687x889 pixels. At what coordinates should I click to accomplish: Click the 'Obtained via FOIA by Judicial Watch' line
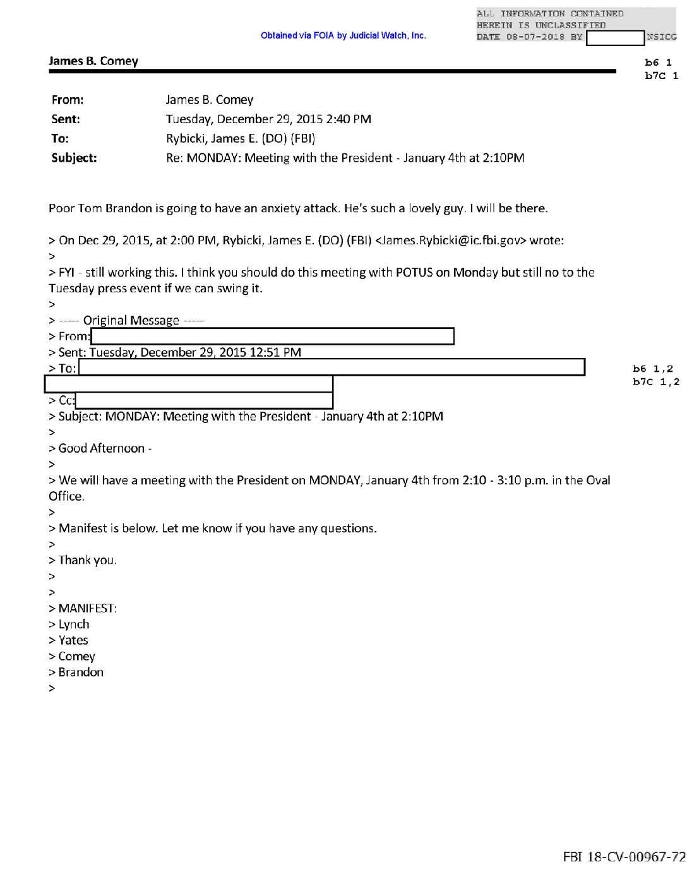343,36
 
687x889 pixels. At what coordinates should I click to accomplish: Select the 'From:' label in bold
68,100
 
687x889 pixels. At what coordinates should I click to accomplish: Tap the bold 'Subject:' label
74,158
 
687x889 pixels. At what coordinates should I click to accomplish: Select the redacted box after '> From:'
272,337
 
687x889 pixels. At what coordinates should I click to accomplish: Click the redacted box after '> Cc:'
204,400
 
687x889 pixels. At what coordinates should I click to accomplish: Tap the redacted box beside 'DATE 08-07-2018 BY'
615,38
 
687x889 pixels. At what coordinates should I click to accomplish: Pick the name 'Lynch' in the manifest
74,624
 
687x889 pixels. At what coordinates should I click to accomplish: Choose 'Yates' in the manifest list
73,640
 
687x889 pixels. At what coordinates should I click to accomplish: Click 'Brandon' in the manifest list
81,672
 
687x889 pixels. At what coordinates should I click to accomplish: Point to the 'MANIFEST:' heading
87,609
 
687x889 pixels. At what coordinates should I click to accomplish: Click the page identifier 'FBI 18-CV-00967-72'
624,857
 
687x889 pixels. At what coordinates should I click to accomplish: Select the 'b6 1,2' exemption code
653,369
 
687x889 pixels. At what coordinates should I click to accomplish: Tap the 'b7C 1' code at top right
661,76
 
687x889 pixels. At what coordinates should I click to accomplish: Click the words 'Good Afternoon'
102,448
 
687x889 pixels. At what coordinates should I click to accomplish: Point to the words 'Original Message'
131,321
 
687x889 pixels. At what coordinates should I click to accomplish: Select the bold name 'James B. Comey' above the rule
93,61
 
